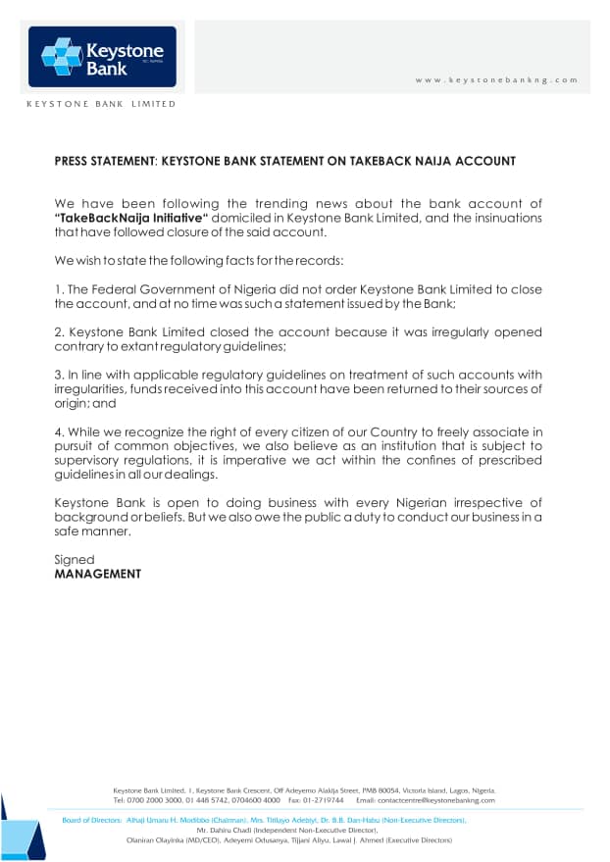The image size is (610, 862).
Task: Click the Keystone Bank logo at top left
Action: point(102,56)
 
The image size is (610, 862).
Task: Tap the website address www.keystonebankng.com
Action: point(496,79)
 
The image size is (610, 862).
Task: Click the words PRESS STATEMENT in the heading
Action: point(104,161)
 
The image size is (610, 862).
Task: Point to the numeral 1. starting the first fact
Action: point(58,289)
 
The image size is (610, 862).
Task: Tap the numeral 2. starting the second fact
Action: point(58,332)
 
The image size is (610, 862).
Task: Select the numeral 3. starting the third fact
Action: point(58,375)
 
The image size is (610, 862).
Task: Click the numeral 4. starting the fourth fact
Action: point(58,432)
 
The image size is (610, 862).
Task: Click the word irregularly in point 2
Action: point(453,332)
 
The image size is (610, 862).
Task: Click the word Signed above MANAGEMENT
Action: point(75,560)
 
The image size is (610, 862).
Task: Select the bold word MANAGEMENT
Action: point(98,574)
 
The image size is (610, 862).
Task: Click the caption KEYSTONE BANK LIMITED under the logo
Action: point(101,103)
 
